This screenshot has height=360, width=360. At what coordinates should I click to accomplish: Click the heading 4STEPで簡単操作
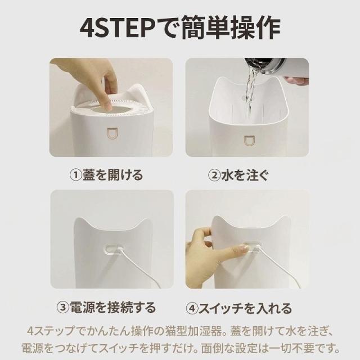point(180,29)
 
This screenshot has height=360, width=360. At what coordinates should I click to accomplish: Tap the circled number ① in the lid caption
point(76,175)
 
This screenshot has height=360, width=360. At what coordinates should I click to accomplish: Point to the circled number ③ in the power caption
point(62,308)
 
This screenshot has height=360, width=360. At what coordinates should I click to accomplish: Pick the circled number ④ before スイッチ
point(192,308)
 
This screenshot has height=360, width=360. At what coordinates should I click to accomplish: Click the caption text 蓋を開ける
point(113,175)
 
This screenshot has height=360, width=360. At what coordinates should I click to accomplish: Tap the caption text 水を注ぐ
point(245,175)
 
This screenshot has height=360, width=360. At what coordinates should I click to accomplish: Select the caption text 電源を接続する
point(112,308)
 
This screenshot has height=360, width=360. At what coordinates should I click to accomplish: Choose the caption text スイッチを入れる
point(245,308)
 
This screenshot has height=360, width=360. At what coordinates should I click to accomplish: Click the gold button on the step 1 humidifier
point(112,134)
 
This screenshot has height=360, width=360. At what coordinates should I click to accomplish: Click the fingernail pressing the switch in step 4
point(243,247)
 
